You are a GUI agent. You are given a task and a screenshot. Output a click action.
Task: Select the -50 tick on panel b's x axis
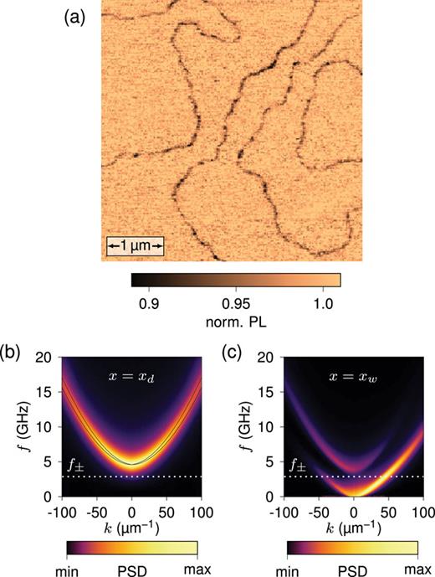(x=95, y=510)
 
